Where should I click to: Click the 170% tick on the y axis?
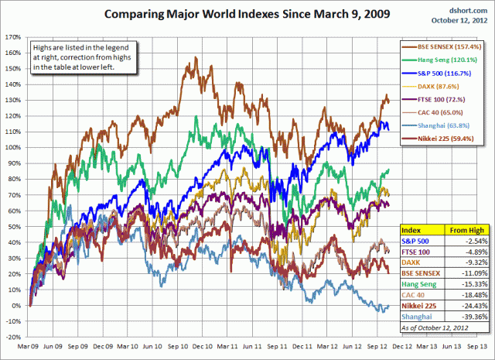12,36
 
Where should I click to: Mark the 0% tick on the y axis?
15,306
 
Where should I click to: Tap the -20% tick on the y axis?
12,338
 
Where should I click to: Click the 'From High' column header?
461,230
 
